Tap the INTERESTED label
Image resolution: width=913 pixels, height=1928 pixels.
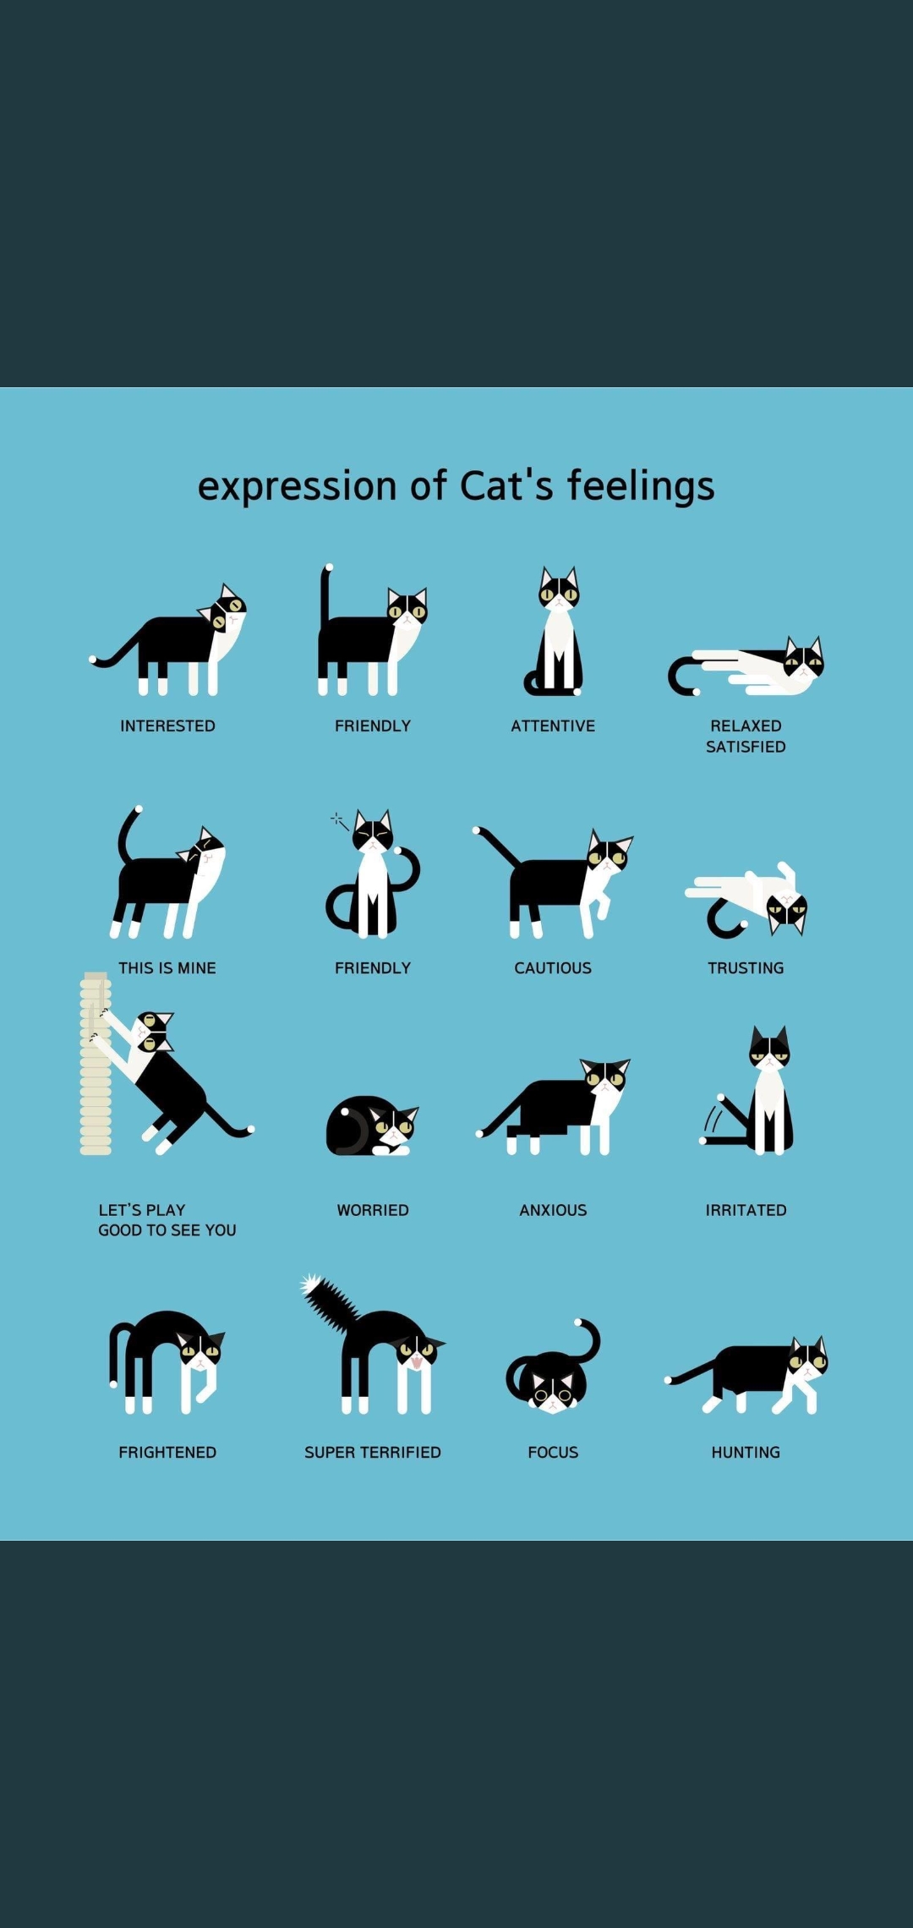click(x=167, y=726)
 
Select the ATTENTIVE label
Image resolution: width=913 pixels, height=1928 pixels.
click(x=553, y=726)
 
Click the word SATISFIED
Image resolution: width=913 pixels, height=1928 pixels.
click(x=746, y=747)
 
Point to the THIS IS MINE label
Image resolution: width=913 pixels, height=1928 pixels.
click(x=167, y=967)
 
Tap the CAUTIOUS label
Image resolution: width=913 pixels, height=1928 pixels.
click(x=553, y=967)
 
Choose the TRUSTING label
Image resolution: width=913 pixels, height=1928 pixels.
click(x=746, y=967)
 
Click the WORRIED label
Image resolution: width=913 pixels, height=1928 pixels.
click(x=373, y=1210)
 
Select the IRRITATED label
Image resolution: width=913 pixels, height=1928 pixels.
click(x=746, y=1210)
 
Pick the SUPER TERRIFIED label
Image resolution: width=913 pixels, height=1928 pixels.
click(x=373, y=1452)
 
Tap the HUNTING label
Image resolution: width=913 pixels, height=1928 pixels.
click(x=746, y=1452)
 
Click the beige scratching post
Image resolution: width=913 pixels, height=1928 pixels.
click(x=96, y=1064)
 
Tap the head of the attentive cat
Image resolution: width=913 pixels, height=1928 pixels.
click(x=559, y=589)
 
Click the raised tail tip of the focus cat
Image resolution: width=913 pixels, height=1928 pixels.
click(x=578, y=1322)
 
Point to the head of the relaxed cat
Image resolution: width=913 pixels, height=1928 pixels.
click(x=803, y=658)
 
